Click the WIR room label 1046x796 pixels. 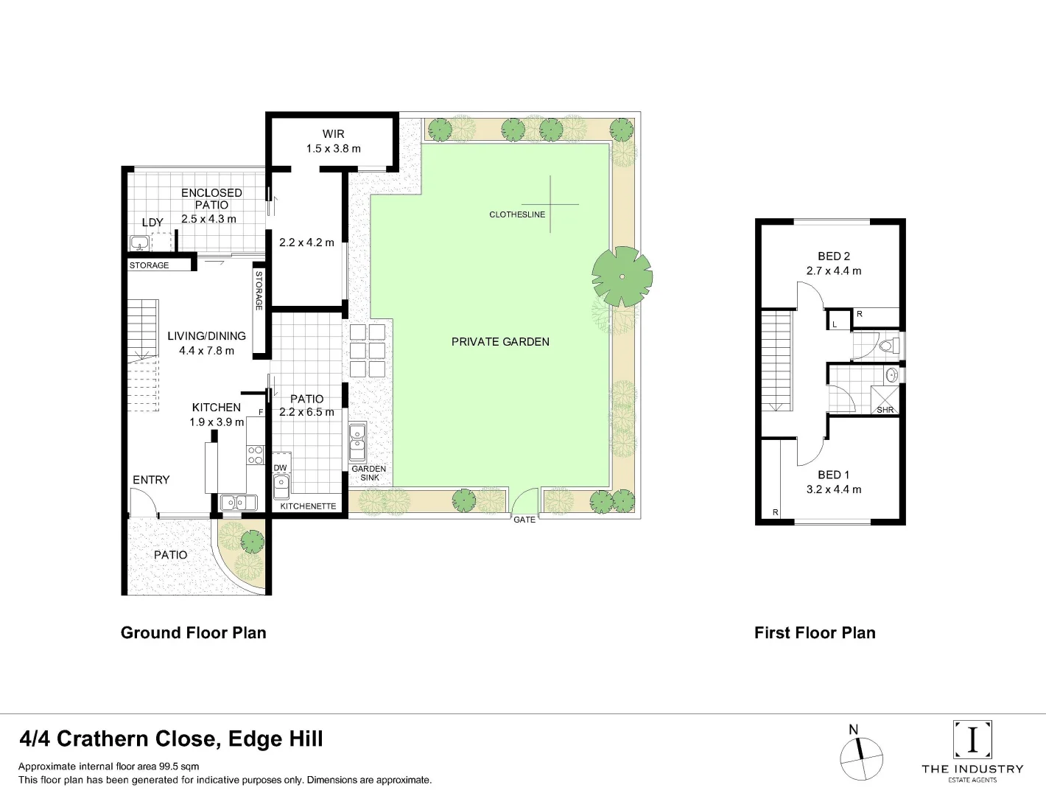[x=333, y=134]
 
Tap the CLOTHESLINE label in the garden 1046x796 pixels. [x=517, y=214]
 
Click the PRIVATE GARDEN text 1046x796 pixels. [x=500, y=342]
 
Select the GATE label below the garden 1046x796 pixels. [x=524, y=520]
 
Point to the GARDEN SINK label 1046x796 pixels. [x=369, y=473]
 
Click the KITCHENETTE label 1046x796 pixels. [x=308, y=506]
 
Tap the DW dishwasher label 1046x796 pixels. [x=280, y=468]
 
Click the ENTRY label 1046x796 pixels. [x=151, y=480]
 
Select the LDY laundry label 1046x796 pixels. [x=152, y=223]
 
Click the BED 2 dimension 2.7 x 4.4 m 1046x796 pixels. [x=833, y=270]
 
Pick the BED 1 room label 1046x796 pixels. [x=833, y=475]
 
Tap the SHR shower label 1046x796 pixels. [x=885, y=410]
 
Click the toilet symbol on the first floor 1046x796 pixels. [x=887, y=345]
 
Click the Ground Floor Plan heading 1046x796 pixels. [x=194, y=632]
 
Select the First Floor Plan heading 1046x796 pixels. [x=815, y=632]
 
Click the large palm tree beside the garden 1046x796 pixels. [x=622, y=276]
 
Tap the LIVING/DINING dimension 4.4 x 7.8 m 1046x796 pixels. [x=206, y=351]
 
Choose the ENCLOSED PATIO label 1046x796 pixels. [x=211, y=199]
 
